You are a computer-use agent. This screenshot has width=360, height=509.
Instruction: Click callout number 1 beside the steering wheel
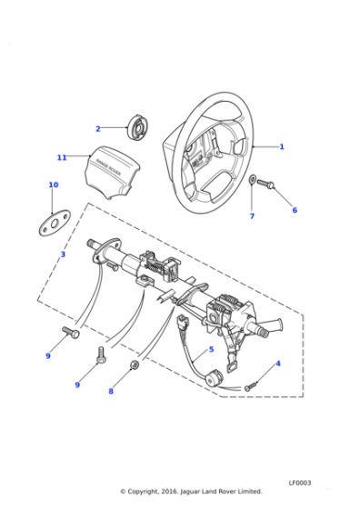282,146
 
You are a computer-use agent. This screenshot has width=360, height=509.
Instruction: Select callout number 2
98,129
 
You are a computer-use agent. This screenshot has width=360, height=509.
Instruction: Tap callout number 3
62,254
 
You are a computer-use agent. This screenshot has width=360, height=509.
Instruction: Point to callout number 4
277,364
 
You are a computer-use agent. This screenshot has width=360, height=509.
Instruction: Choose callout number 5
211,349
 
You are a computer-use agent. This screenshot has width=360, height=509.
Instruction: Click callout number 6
295,210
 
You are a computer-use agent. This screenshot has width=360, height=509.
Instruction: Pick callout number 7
252,216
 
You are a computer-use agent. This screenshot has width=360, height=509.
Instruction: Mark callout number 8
111,392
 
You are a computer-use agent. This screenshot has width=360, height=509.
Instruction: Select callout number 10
53,185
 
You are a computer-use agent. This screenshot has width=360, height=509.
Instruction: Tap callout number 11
62,157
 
